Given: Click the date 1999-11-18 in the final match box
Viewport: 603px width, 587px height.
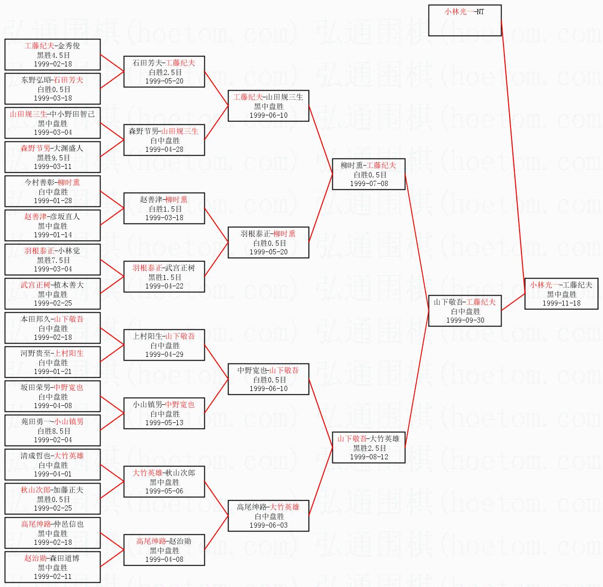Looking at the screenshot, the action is point(561,303).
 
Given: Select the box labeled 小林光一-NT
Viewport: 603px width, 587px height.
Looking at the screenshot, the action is point(465,20).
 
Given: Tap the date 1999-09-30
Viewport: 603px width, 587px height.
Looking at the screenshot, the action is point(465,320).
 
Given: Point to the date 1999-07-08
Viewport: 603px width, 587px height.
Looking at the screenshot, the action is point(369,184).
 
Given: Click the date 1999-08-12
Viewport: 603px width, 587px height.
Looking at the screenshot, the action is point(369,457).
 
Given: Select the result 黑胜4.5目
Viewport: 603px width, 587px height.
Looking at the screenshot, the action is point(53,55).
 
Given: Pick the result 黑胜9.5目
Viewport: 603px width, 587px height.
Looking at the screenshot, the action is point(53,158).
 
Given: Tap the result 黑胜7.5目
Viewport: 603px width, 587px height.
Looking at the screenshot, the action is point(53,260).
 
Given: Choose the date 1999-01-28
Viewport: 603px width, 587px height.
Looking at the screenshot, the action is point(53,201).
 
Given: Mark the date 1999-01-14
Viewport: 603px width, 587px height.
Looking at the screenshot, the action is point(53,235).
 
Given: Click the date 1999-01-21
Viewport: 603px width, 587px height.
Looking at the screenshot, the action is point(53,372).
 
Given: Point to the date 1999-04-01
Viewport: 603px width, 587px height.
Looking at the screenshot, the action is point(53,474).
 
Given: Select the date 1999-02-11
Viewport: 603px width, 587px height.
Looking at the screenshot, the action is point(53,577).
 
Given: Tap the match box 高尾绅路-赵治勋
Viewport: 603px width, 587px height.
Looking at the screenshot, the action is point(164,550).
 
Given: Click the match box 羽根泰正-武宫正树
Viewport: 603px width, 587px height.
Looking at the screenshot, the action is point(164,277).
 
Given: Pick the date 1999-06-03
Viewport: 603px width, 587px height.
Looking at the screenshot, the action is point(268,525).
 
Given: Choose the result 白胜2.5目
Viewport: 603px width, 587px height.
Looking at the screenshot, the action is point(165,72).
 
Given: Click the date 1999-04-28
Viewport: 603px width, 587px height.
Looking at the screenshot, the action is point(164,149).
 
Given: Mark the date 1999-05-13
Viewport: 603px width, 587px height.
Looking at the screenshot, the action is point(164,423).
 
